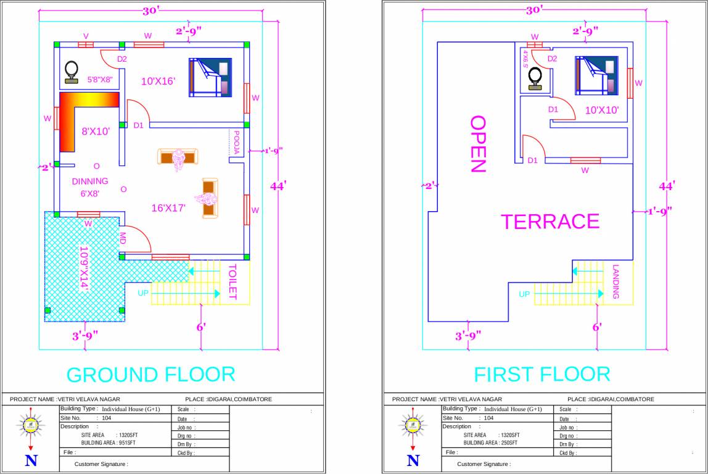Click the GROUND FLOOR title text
(150, 375)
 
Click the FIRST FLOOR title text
(541, 374)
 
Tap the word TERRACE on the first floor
(550, 222)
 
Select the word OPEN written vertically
(478, 144)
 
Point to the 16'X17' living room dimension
(169, 208)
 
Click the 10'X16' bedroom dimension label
(158, 81)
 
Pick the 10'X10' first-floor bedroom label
(602, 110)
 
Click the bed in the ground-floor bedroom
(209, 77)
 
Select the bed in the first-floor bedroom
(596, 75)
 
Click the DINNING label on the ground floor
(90, 181)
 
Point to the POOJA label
(236, 142)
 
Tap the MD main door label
(123, 238)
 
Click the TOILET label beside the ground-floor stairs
(233, 282)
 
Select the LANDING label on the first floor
(615, 282)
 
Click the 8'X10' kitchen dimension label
(95, 131)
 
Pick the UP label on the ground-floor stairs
(143, 293)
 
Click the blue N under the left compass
(31, 460)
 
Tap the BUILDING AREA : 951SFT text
(109, 443)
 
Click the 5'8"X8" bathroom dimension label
(99, 80)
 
